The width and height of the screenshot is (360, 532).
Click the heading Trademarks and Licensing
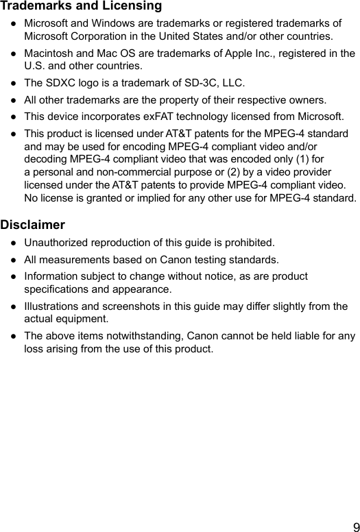(81, 6)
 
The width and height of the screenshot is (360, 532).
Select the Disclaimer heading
(33, 224)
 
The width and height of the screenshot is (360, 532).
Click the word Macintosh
(49, 53)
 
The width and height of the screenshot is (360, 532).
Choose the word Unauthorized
(57, 242)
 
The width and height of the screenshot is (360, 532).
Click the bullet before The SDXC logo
(13, 83)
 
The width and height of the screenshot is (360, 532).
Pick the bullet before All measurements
(13, 260)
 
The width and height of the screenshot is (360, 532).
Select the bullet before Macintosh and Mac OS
(13, 53)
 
